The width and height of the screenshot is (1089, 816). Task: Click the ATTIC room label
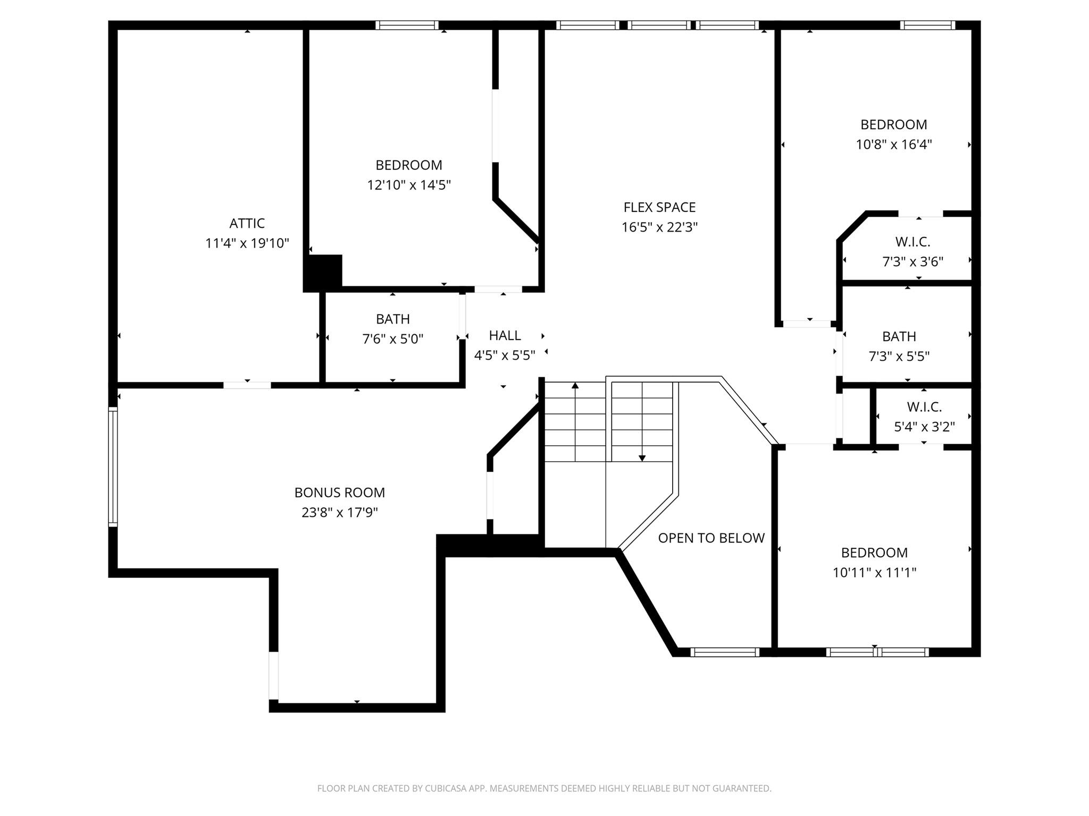(247, 223)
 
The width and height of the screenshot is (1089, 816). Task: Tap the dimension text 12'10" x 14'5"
(408, 185)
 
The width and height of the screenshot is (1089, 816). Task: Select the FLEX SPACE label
(659, 207)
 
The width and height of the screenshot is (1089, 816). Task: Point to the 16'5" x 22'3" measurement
(659, 227)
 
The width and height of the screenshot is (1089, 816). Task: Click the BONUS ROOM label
(339, 492)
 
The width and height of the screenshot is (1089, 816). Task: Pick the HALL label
(505, 335)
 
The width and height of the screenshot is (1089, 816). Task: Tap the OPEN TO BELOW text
(711, 538)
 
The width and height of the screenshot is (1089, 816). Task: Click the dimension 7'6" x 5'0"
(392, 339)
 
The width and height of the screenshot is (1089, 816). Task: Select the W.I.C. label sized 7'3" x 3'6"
(912, 242)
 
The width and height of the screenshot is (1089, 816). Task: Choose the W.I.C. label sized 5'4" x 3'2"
(924, 407)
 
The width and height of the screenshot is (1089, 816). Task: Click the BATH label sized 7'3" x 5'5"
(899, 336)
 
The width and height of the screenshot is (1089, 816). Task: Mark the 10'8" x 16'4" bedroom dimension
(893, 144)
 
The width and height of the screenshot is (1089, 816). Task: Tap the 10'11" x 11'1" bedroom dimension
(874, 573)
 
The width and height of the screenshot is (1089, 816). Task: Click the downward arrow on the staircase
(642, 458)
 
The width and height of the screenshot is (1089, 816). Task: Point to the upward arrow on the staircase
(575, 385)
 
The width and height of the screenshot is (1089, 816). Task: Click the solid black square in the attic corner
(323, 273)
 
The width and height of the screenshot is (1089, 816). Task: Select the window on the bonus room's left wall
(113, 467)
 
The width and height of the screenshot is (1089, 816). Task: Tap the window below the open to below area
(724, 652)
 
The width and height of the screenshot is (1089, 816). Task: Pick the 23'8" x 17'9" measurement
(339, 513)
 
